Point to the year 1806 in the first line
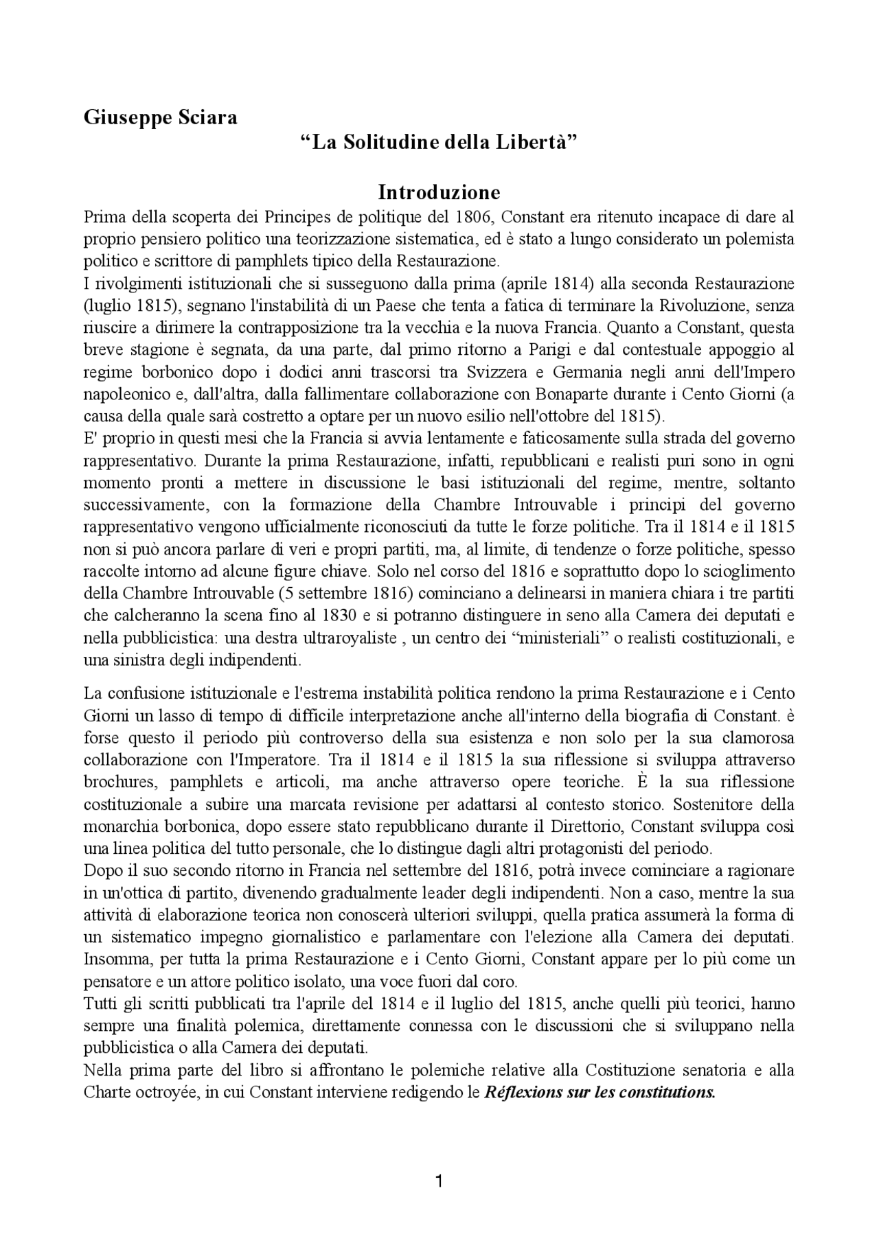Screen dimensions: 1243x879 [475, 217]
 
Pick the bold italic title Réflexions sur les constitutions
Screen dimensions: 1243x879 [600, 1092]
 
